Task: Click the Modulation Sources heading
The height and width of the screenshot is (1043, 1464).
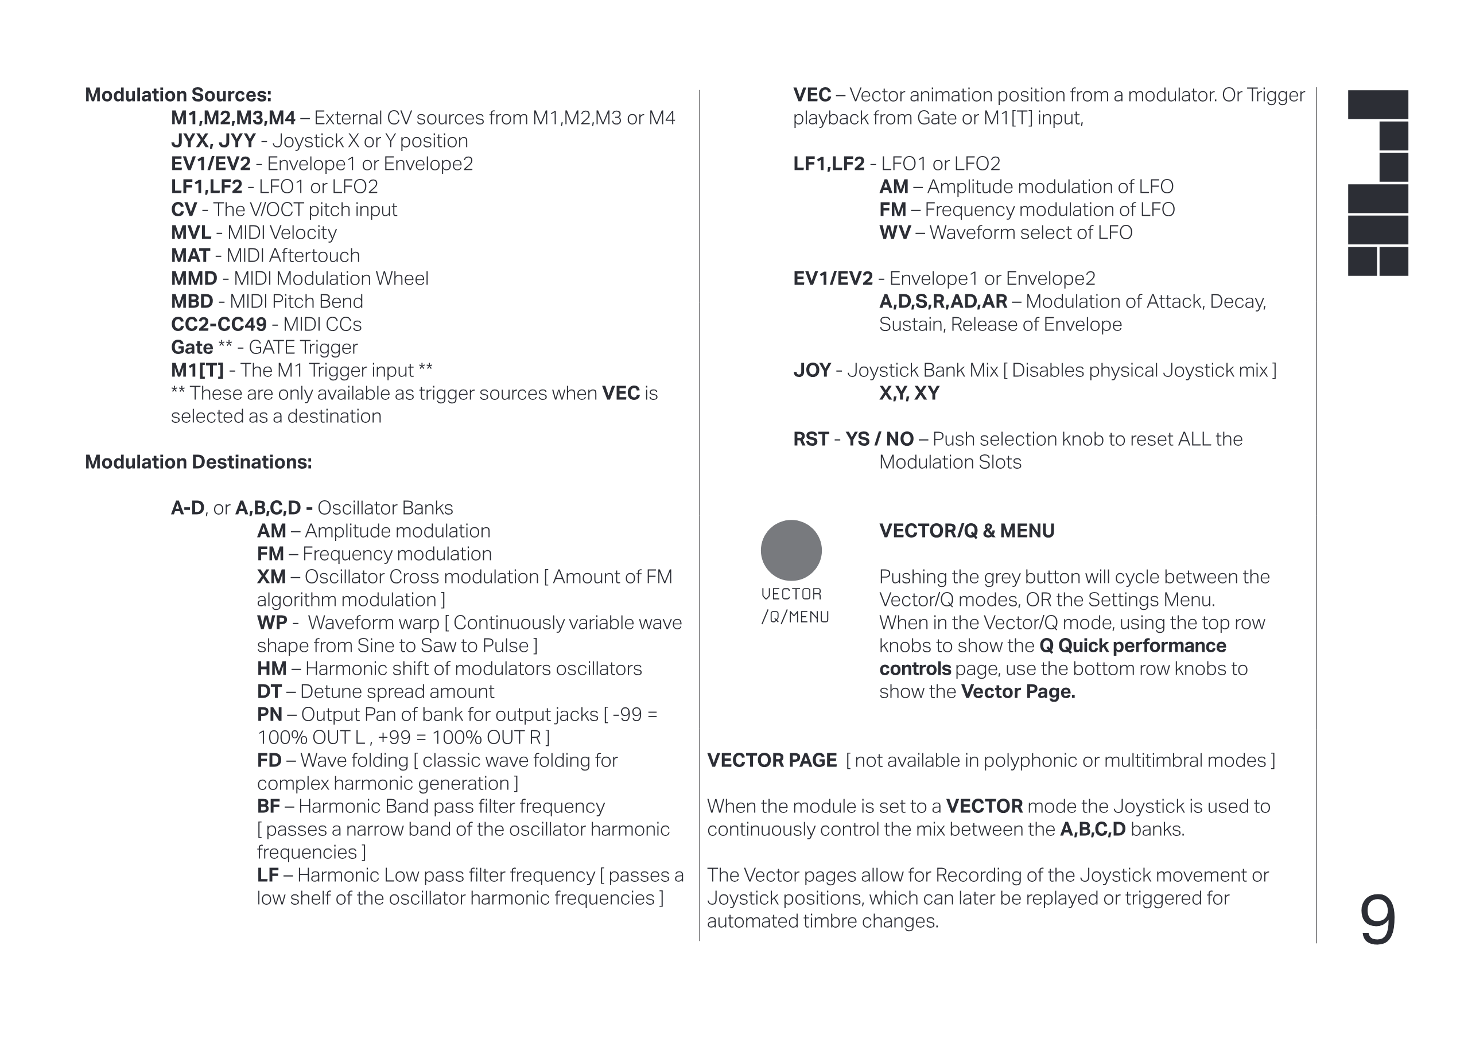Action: point(178,95)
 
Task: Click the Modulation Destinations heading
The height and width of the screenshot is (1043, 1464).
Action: point(198,462)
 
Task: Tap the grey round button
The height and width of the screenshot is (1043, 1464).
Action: point(791,550)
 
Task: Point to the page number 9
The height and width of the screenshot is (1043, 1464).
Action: point(1377,920)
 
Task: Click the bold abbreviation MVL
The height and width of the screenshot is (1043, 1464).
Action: point(191,232)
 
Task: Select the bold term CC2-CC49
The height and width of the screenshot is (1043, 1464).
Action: point(219,324)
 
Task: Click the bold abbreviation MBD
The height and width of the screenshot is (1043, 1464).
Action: point(192,301)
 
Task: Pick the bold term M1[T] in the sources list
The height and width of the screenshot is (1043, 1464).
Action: point(197,371)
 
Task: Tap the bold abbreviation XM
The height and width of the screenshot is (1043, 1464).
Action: point(271,577)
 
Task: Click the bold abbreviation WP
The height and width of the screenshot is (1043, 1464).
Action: point(271,623)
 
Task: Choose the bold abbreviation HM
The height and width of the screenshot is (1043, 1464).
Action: point(271,668)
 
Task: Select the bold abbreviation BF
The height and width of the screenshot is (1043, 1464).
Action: point(269,806)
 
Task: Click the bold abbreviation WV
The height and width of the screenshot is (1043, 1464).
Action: point(895,232)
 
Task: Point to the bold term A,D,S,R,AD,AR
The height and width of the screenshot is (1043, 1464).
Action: point(943,302)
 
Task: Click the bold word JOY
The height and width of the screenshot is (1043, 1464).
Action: point(812,371)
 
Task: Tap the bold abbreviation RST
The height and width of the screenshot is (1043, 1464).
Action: point(811,439)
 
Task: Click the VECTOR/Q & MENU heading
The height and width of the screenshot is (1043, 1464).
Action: point(967,531)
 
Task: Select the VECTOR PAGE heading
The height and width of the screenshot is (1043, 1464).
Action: point(771,760)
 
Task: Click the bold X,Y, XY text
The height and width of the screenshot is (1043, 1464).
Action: point(909,393)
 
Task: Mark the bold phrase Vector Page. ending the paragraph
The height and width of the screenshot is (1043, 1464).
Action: point(1018,692)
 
